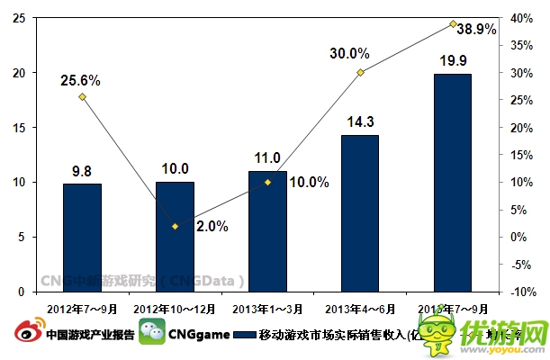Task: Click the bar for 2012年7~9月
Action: point(82,238)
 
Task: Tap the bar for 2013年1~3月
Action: point(267,231)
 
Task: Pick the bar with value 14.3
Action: point(360,213)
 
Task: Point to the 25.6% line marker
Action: point(82,96)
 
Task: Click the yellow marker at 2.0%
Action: point(175,226)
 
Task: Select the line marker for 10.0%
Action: point(267,182)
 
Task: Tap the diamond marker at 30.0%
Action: point(360,72)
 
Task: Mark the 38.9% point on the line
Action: point(453,23)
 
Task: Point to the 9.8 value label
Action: point(82,170)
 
